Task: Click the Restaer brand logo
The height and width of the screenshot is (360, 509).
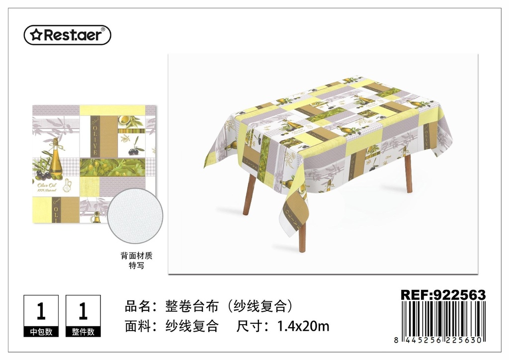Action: point(68,35)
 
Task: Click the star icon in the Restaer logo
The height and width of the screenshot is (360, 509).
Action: point(35,35)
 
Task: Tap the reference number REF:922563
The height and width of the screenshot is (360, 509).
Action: point(443,295)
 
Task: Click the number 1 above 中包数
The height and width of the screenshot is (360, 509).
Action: point(41,311)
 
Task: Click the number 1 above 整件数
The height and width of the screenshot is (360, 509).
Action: point(83,311)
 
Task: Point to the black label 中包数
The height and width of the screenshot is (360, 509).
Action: point(41,332)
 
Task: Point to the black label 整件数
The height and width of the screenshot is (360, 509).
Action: point(83,332)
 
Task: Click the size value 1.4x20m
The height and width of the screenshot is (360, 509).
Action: point(303,326)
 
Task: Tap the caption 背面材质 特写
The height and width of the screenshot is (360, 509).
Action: point(136,261)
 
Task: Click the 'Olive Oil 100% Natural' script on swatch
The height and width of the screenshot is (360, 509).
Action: point(47,187)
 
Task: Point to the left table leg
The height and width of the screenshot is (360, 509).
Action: point(250,198)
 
